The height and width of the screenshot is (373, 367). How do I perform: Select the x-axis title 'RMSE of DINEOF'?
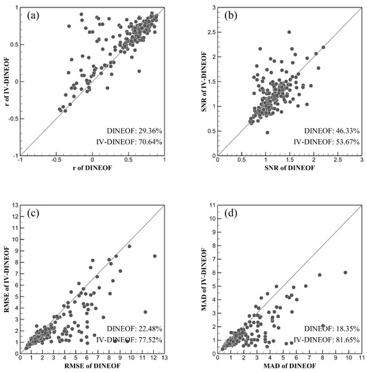(x=93, y=367)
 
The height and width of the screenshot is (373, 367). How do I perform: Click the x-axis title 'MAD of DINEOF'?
(x=288, y=367)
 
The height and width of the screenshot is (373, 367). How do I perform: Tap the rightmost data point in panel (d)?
(x=345, y=272)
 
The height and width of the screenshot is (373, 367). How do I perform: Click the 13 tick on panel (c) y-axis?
(x=14, y=205)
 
